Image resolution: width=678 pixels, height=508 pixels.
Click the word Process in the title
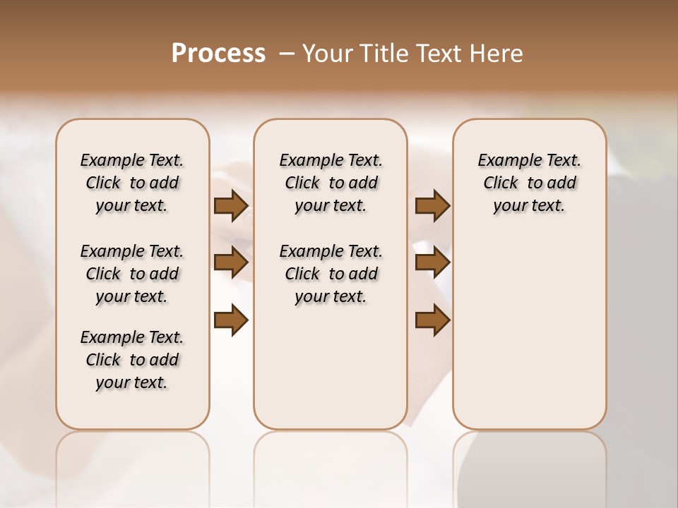[x=218, y=53]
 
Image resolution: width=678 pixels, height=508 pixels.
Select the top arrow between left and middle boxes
[x=231, y=206]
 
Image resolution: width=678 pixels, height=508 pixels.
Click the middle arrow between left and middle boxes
[x=231, y=262]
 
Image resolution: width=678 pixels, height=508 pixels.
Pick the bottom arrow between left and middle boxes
[x=231, y=320]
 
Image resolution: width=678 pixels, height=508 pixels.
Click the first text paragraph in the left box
[x=132, y=183]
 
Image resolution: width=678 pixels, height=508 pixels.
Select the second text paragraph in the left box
[x=132, y=274]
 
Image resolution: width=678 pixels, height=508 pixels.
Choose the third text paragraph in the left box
[x=132, y=360]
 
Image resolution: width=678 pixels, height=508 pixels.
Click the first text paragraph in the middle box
[x=331, y=183]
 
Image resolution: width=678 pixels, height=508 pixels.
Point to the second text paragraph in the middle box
[x=331, y=274]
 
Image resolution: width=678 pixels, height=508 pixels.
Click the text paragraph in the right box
[x=530, y=183]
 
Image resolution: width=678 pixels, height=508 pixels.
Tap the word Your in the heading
[x=328, y=54]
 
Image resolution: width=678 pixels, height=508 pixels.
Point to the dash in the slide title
[x=287, y=54]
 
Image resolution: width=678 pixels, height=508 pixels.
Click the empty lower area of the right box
[x=530, y=339]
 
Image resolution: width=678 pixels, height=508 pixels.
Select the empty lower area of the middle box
[x=331, y=367]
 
